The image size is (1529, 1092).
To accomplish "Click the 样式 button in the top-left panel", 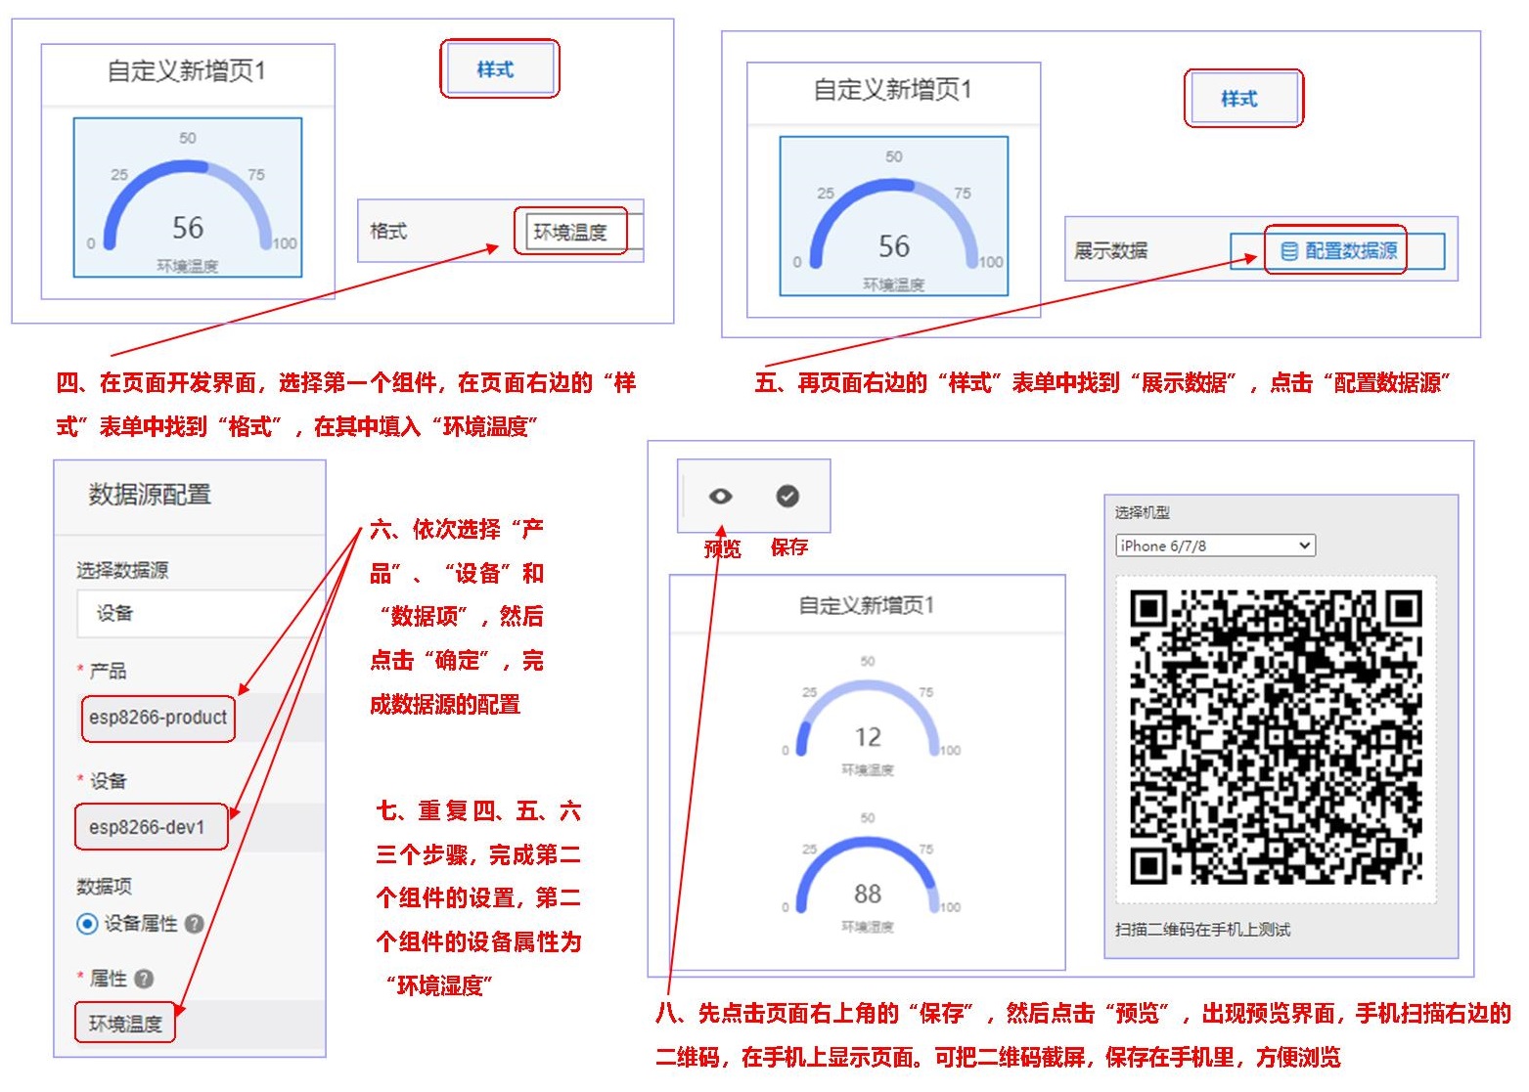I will [x=496, y=69].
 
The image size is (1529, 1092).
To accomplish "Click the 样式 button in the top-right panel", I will [x=1239, y=99].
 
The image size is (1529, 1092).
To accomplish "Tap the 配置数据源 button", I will [x=1339, y=251].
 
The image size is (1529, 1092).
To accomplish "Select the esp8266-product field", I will [x=157, y=718].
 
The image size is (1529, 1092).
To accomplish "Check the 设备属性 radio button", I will [x=88, y=924].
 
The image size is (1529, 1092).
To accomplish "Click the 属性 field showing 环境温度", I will [x=125, y=1024].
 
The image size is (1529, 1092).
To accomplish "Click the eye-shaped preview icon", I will [x=720, y=497].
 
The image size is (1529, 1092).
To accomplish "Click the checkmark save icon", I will [x=787, y=497].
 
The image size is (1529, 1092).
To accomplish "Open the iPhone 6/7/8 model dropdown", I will [x=1215, y=546].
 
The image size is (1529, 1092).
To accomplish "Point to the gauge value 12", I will [x=868, y=737].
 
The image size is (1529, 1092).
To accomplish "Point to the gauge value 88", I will [x=868, y=894].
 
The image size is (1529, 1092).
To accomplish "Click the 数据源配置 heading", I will [x=150, y=495].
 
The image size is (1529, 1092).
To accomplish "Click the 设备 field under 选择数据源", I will [x=196, y=614].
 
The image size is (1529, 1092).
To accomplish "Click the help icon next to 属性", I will [x=145, y=979].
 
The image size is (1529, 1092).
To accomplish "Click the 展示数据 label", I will [x=1110, y=251].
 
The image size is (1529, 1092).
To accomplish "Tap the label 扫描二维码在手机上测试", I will [x=1202, y=930].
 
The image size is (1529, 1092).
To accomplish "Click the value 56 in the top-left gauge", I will [x=188, y=228].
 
